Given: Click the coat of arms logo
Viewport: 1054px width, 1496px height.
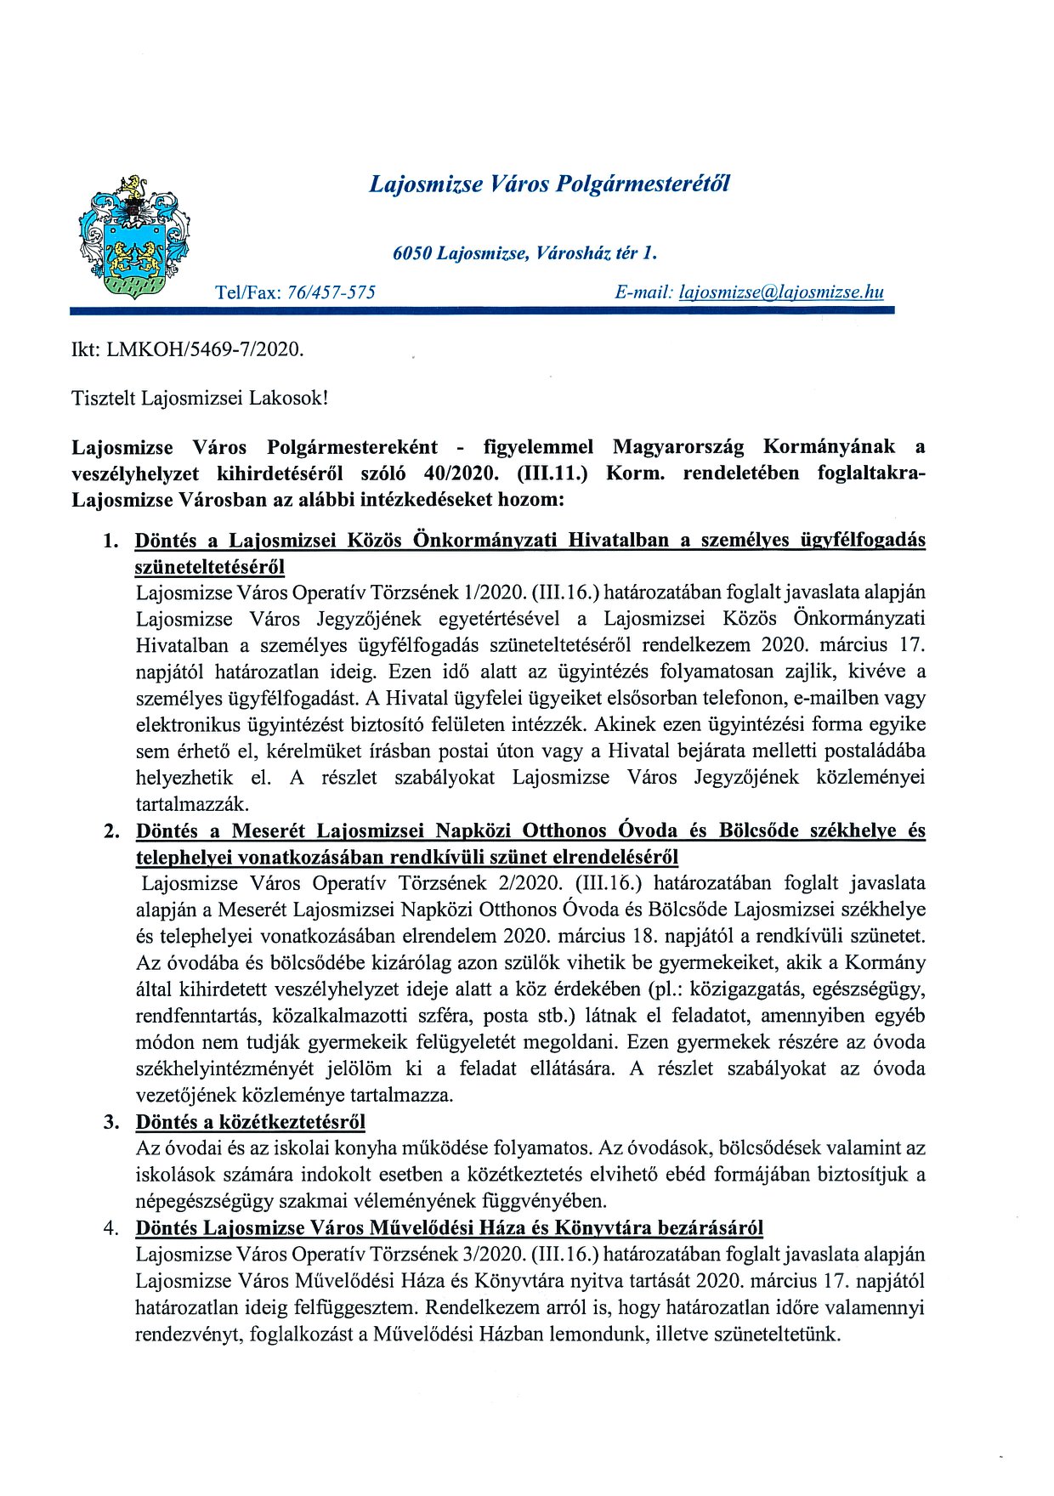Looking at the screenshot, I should (x=133, y=237).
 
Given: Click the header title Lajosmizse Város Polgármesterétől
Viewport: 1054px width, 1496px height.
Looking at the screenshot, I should (x=549, y=184).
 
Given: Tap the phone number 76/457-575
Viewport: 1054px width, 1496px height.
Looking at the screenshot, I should (x=331, y=292).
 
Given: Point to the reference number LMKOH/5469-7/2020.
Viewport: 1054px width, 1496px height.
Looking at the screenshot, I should (x=205, y=349).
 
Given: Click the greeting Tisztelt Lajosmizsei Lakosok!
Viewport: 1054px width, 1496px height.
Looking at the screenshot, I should (x=200, y=398).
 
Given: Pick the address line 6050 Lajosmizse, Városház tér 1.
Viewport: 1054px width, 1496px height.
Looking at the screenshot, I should (x=524, y=253).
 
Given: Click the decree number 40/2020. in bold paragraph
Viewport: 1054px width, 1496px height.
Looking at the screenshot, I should (x=461, y=473).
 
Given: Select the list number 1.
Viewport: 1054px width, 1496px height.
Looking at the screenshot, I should (x=111, y=541).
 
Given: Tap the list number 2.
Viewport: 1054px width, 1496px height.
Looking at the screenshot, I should (x=111, y=831).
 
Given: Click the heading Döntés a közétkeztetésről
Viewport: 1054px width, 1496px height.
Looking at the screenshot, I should (x=251, y=1122).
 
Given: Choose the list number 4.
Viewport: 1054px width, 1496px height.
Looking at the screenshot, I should (x=111, y=1228).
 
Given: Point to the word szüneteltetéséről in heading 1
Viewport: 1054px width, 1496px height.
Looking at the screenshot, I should (x=210, y=567).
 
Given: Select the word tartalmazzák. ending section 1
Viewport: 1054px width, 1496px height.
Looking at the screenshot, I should (x=192, y=804).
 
